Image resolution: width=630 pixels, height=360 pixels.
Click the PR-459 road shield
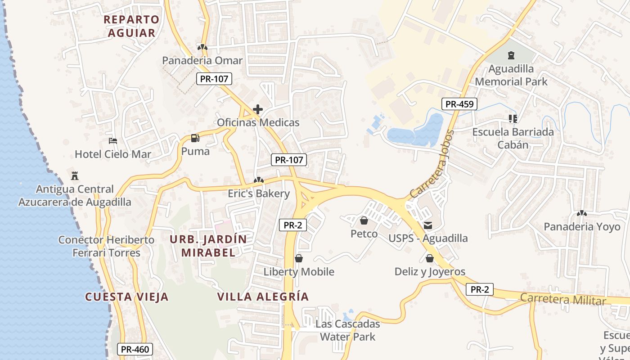point(459,104)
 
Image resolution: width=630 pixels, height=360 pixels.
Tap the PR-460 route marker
point(135,349)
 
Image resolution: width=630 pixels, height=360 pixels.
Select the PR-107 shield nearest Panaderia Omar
point(214,79)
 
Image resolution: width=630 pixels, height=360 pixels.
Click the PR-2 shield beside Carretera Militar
point(479,290)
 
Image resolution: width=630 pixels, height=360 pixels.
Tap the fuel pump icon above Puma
point(195,138)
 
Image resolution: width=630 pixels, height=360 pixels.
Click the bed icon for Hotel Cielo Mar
point(113,141)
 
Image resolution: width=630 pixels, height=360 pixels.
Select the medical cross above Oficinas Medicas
point(258,109)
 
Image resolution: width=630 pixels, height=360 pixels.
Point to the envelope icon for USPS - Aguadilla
point(427,225)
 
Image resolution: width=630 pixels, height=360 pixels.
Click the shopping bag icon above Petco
point(364,220)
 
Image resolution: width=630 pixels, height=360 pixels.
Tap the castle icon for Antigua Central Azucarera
point(75,175)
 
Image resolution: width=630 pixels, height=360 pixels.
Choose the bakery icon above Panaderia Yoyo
point(581,213)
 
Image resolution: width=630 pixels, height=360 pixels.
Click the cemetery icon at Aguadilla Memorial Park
point(511,56)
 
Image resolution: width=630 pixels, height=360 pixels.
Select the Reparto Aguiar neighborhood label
point(131,26)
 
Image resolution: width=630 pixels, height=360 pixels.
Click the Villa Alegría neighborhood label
point(263,297)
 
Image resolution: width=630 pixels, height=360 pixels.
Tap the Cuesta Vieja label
point(127,297)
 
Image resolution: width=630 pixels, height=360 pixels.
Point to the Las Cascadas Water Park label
point(347,330)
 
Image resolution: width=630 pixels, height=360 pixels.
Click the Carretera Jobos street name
point(431,164)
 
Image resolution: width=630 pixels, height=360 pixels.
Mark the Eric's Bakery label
point(258,193)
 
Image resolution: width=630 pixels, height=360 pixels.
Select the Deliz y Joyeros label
point(430,272)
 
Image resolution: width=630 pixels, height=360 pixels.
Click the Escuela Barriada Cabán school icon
point(513,119)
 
